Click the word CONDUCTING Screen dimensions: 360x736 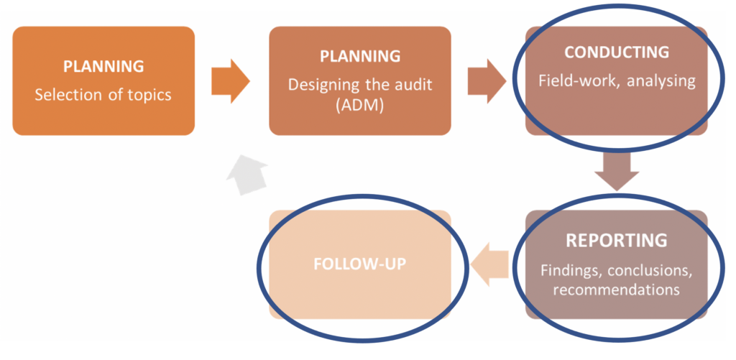616,52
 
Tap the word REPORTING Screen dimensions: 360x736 616,240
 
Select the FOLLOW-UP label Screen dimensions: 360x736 360,264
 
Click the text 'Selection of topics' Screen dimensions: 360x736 103,94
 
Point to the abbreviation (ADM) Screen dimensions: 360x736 360,104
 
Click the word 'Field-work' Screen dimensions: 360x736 579,80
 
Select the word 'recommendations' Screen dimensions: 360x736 616,290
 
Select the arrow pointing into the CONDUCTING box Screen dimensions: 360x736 487,80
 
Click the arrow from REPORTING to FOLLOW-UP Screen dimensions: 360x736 489,264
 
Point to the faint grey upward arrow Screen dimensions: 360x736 247,177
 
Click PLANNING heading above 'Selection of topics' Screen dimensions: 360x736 103,66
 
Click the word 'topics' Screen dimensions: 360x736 148,94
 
